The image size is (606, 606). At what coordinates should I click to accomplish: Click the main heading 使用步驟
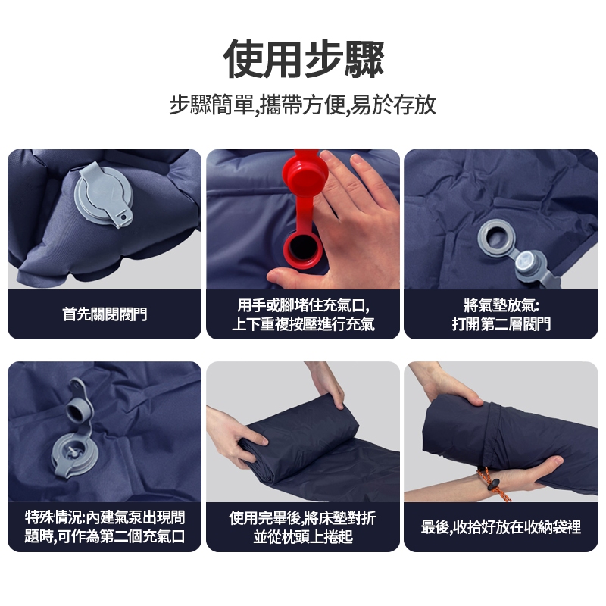pos(304,59)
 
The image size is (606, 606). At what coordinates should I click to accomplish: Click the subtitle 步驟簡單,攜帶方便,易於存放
pos(302,105)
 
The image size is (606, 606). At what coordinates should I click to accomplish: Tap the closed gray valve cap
pos(104,195)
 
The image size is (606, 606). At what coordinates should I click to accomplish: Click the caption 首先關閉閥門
pos(105,314)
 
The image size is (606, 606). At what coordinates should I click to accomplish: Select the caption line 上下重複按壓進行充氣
pos(304,324)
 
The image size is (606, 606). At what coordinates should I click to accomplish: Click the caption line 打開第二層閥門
pos(501,324)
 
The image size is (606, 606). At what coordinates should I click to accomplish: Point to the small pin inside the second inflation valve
pos(71,451)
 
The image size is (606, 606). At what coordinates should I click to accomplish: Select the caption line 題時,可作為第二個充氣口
pos(105,536)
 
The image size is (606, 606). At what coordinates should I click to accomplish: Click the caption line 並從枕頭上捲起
pos(304,536)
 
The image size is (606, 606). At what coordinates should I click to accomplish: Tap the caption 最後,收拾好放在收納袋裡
pos(501,526)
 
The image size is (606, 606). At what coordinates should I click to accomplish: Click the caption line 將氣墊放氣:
pos(501,305)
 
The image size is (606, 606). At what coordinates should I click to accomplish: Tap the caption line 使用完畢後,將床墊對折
pos(302,518)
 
